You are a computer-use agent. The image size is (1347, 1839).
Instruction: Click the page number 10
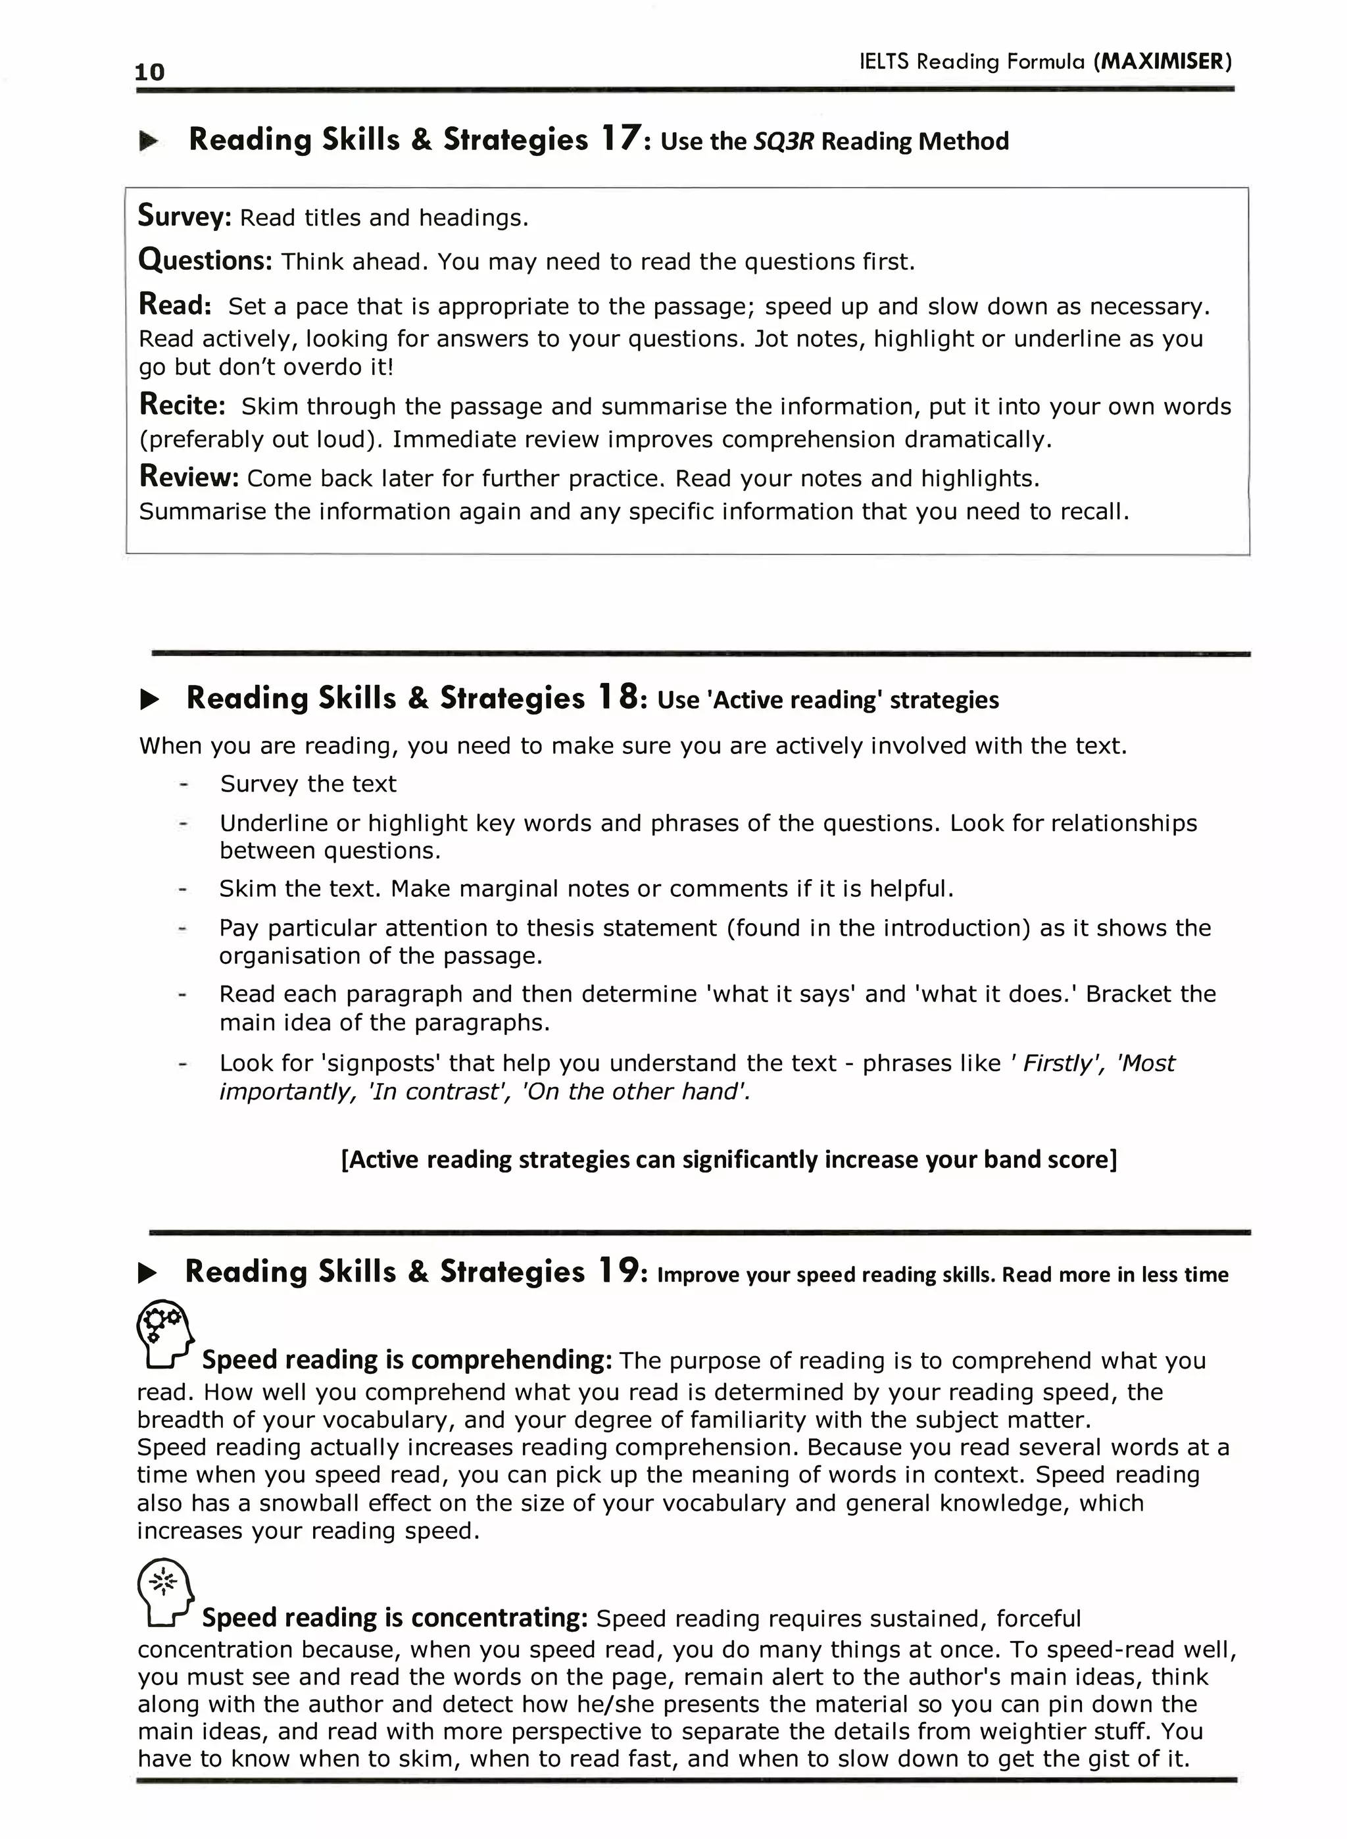click(150, 72)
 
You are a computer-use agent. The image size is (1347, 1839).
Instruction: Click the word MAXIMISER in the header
click(1162, 61)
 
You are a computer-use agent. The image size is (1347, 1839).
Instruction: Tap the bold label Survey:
click(185, 216)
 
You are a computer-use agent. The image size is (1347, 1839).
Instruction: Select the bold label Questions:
click(205, 260)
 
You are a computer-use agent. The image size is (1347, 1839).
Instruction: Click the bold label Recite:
click(182, 405)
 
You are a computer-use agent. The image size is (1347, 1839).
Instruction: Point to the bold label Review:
click(188, 476)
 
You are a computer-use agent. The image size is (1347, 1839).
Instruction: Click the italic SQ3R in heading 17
click(783, 141)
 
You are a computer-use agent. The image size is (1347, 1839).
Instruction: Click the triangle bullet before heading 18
click(150, 699)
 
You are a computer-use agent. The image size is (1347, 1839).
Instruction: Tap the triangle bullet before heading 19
click(147, 1272)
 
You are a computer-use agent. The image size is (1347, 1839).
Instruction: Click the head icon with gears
click(166, 1334)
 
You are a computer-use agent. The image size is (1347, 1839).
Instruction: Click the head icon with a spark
click(166, 1592)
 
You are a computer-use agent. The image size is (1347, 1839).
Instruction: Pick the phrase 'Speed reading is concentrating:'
click(395, 1617)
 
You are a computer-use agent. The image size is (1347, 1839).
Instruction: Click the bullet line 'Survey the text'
click(308, 784)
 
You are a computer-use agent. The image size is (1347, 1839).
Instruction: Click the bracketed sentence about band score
click(728, 1159)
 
